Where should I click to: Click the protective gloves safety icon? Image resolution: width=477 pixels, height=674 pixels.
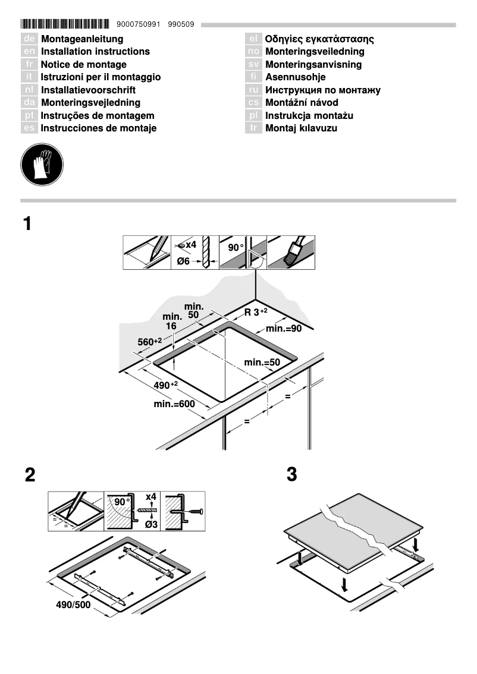click(x=42, y=163)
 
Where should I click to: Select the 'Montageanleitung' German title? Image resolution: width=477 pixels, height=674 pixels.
click(x=82, y=39)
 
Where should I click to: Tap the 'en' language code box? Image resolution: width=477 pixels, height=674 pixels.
click(x=30, y=52)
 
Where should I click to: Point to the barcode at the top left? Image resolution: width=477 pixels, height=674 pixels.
click(x=65, y=25)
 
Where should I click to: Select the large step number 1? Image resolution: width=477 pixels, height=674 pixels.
click(x=27, y=224)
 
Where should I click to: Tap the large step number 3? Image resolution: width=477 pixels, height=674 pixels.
click(x=291, y=475)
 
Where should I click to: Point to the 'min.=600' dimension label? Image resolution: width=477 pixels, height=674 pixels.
click(x=174, y=404)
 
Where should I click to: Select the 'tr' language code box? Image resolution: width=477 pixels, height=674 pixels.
click(x=254, y=128)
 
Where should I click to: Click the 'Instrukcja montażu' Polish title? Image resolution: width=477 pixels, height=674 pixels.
click(x=309, y=115)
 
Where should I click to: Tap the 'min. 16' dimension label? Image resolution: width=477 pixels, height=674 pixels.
click(x=172, y=322)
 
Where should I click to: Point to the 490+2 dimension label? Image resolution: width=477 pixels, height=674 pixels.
click(x=166, y=386)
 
